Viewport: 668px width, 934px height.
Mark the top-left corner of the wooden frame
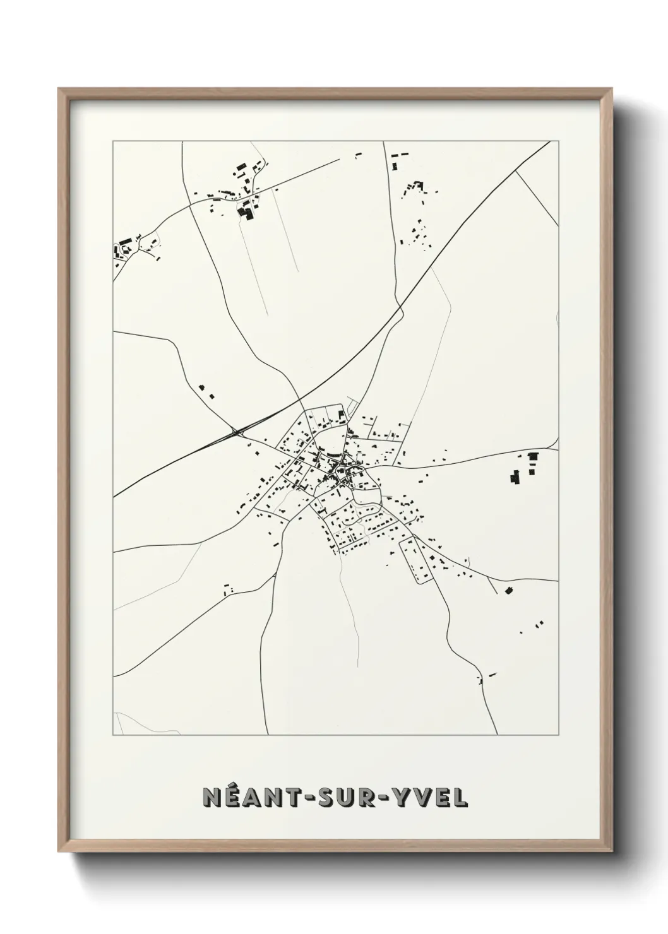tap(59, 88)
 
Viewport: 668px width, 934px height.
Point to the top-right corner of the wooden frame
tap(614, 88)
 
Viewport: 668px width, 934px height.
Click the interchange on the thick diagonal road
tap(236, 432)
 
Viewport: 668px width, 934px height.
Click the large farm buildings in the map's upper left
tap(245, 211)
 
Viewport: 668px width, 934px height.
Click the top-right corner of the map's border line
tap(559, 141)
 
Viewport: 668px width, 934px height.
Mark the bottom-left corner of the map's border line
tap(113, 735)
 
